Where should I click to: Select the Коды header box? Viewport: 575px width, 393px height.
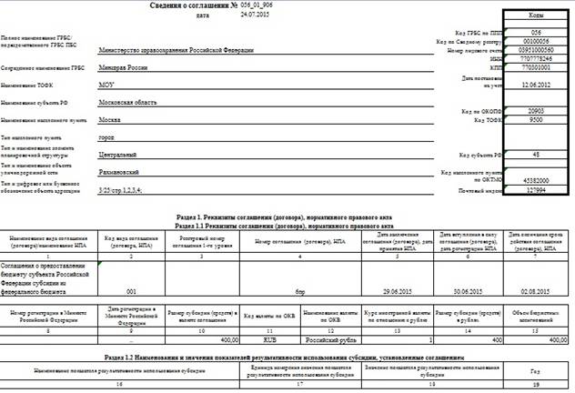(535, 15)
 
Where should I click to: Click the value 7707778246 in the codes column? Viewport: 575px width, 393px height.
(535, 58)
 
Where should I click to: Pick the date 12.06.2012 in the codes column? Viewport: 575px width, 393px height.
(535, 84)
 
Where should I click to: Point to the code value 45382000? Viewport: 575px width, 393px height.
(535, 182)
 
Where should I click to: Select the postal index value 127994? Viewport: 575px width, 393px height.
(535, 191)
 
